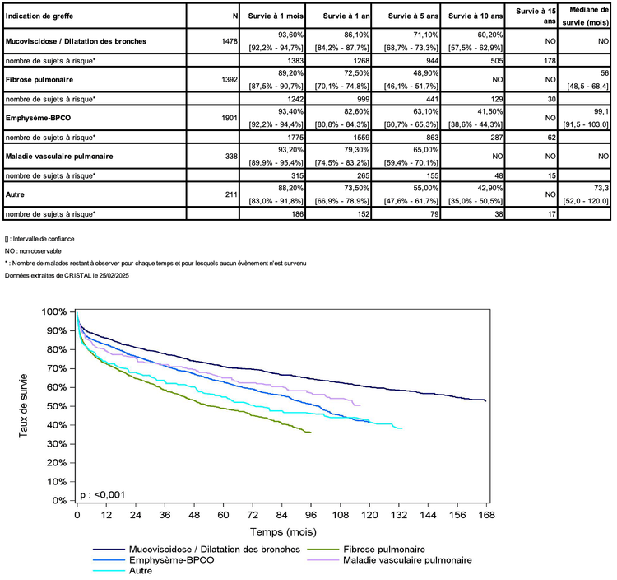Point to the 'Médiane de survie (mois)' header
(585, 16)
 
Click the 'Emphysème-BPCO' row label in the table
(38, 117)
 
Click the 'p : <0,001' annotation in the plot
(103, 494)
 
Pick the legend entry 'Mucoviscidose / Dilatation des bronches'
(208, 549)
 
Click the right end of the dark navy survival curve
(485, 400)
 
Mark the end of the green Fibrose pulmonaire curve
(310, 432)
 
